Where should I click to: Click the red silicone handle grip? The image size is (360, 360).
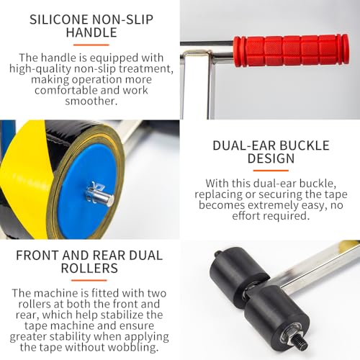[291, 50]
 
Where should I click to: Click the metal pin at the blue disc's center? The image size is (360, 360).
[100, 196]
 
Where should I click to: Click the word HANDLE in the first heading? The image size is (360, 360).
[91, 32]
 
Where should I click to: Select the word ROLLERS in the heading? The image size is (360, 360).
[89, 268]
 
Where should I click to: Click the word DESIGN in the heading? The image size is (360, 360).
[271, 158]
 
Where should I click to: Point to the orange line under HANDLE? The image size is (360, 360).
[91, 45]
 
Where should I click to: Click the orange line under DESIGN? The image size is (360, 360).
[271, 171]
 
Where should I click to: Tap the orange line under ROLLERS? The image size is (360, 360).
[89, 280]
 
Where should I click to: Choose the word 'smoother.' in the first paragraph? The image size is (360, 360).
[91, 101]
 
